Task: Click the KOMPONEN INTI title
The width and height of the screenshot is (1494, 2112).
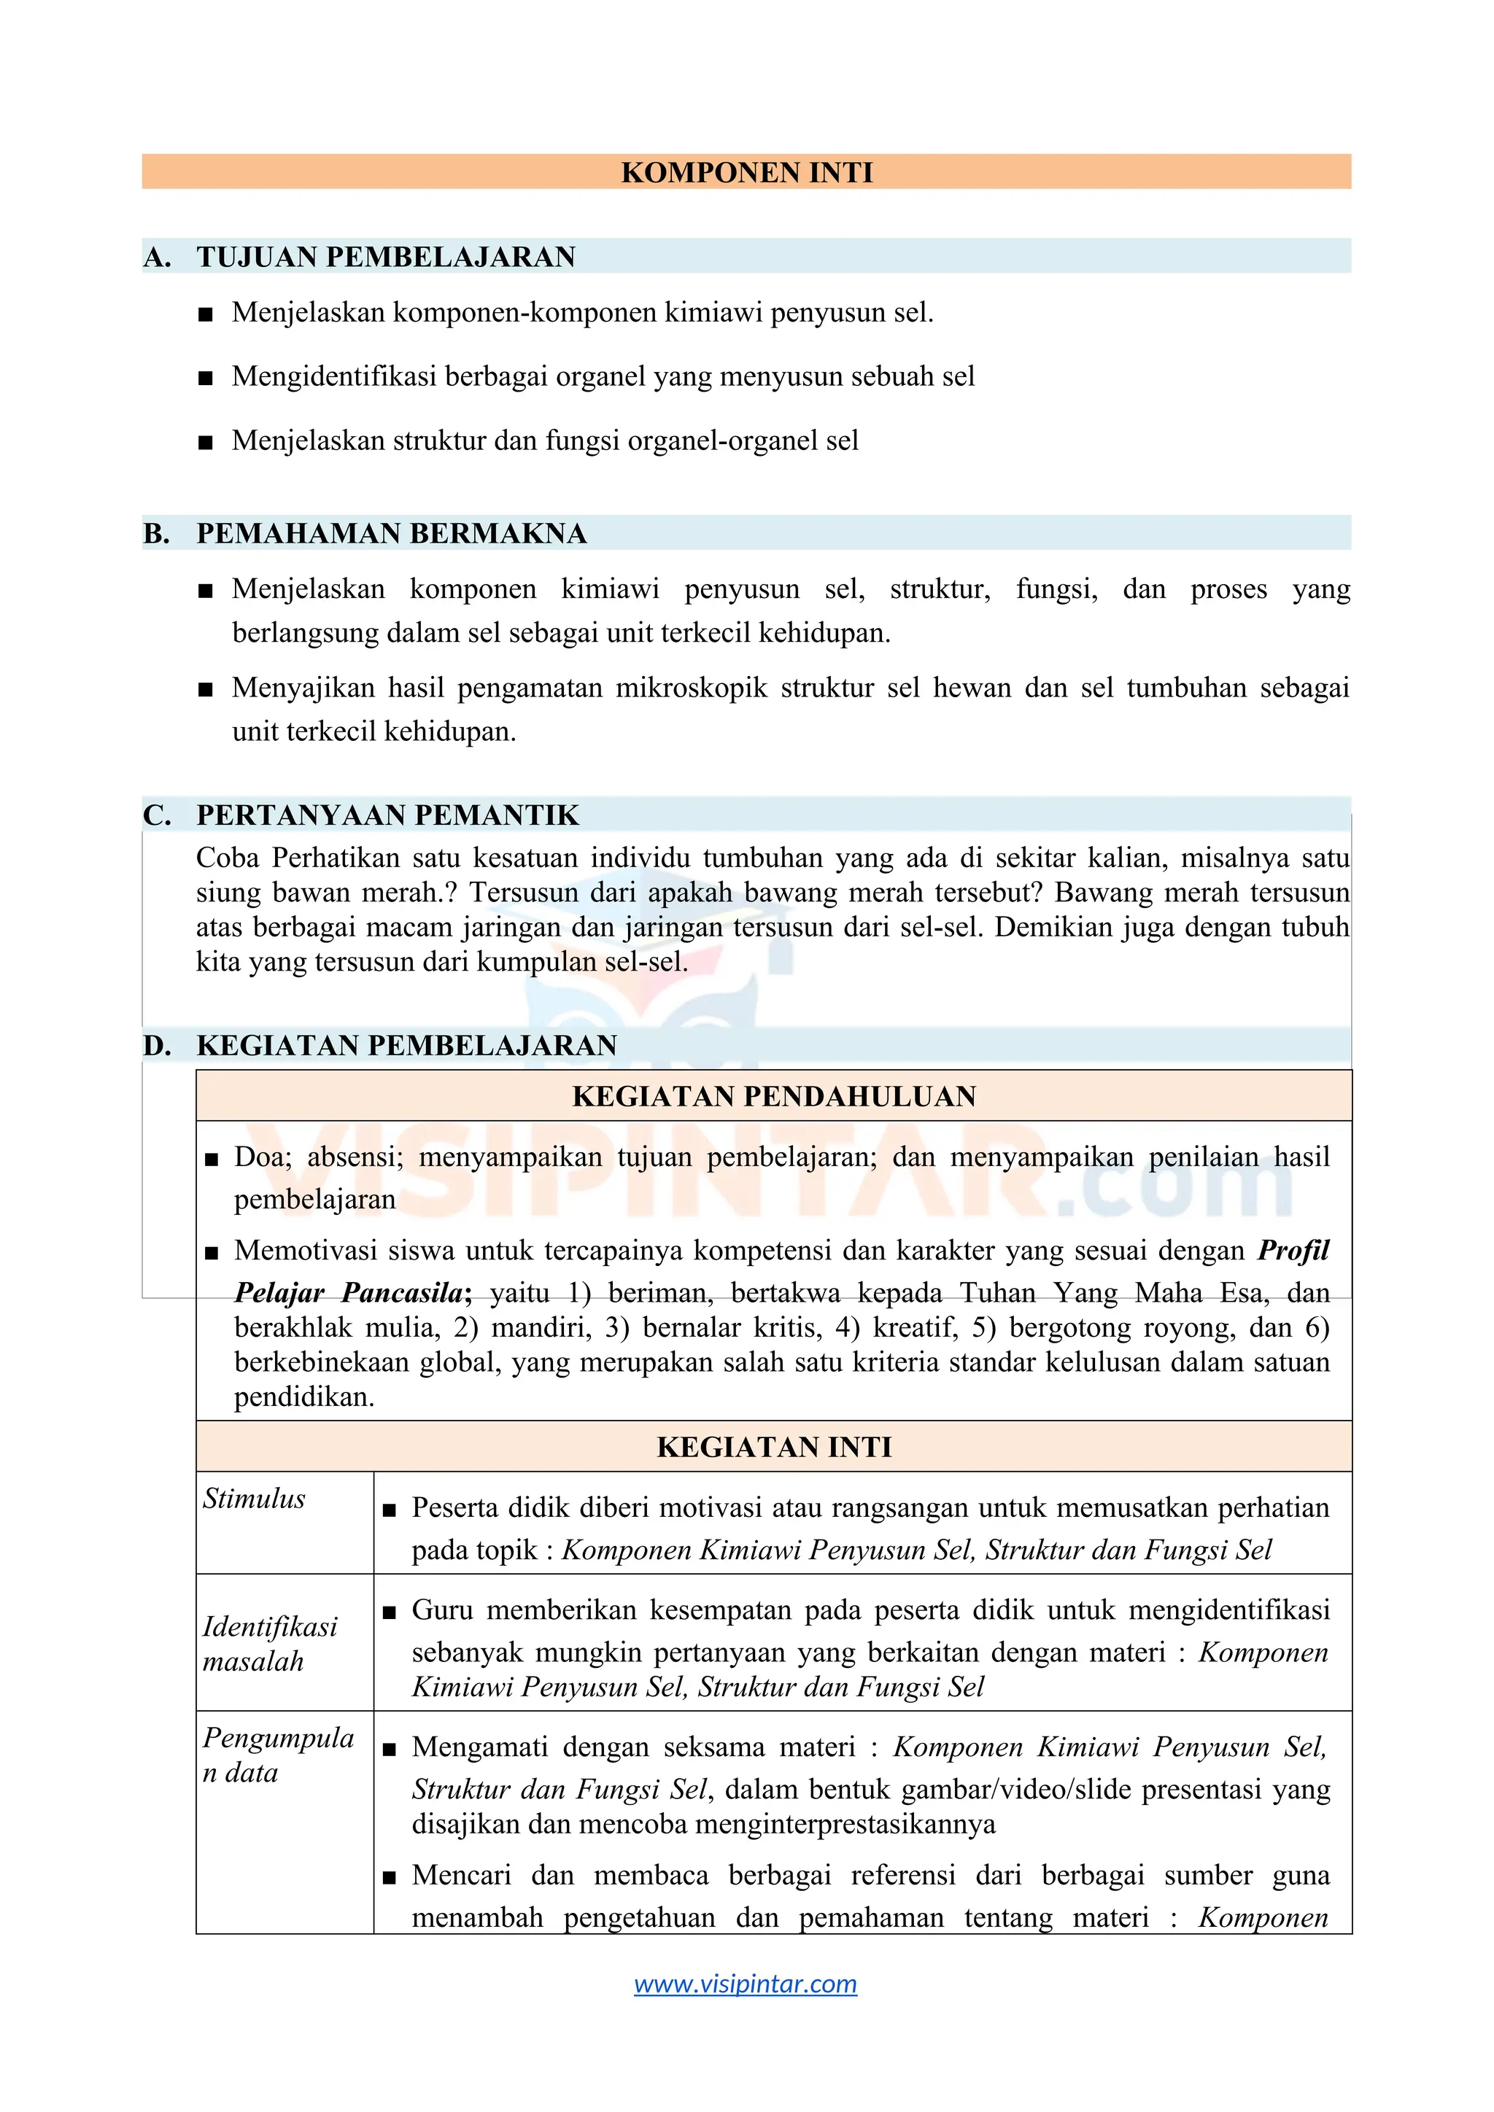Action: tap(746, 172)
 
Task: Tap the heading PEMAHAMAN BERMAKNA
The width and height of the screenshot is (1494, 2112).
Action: tap(391, 534)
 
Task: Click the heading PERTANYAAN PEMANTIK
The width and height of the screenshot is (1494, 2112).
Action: tap(387, 815)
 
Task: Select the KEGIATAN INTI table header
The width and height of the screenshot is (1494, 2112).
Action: tap(774, 1447)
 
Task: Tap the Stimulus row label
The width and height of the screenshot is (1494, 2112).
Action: tap(254, 1499)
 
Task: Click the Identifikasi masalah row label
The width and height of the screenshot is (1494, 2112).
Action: tap(269, 1644)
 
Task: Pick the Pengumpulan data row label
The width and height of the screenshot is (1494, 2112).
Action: tap(278, 1754)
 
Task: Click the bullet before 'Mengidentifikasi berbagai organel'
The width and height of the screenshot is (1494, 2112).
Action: tap(205, 378)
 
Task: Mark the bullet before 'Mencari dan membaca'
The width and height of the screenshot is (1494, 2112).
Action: tap(389, 1877)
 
